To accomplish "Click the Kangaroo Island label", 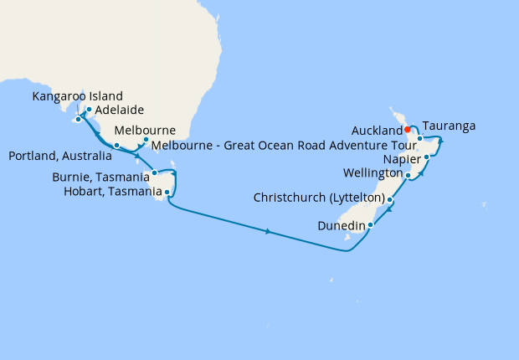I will pyautogui.click(x=78, y=96).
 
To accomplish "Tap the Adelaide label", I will pyautogui.click(x=121, y=110).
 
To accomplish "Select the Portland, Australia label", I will pyautogui.click(x=59, y=156).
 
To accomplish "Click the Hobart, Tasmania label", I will pyautogui.click(x=112, y=192).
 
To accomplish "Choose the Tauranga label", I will pyautogui.click(x=450, y=126).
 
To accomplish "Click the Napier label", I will pyautogui.click(x=400, y=158).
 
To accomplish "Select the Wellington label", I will pyautogui.click(x=373, y=172).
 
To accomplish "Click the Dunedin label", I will pyautogui.click(x=342, y=225).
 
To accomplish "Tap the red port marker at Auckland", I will pyautogui.click(x=406, y=130).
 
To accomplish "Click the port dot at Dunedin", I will pyautogui.click(x=370, y=224).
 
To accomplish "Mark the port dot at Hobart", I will pyautogui.click(x=168, y=192).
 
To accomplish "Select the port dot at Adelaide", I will pyautogui.click(x=89, y=110).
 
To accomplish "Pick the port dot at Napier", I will pyautogui.click(x=427, y=157).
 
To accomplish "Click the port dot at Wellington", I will pyautogui.click(x=408, y=176).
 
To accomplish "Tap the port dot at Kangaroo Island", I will pyautogui.click(x=77, y=119).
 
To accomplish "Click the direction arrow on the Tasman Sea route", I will pyautogui.click(x=268, y=231).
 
